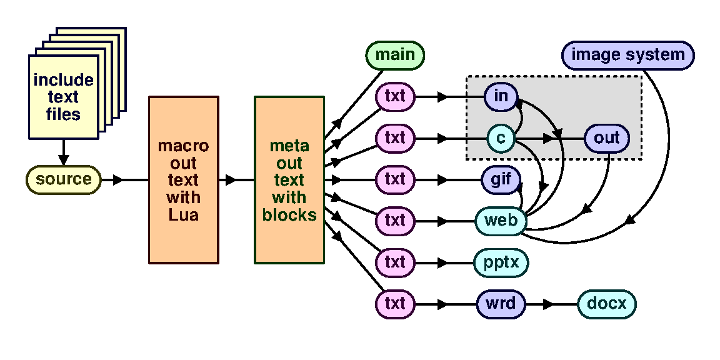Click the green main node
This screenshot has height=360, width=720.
395,55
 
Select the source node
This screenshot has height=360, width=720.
63,179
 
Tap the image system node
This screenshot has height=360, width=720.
627,55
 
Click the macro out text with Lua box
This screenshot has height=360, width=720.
183,180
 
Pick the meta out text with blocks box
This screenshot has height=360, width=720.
289,180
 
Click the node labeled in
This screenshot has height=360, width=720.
501,96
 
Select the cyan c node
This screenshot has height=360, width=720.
501,137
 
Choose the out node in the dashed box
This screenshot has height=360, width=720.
606,137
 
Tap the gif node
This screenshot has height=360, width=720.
501,180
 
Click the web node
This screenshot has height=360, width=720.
501,221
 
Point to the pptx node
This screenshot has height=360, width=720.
501,262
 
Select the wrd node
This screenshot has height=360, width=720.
501,304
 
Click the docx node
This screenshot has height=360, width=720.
606,304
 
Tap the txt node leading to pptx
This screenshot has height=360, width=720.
395,262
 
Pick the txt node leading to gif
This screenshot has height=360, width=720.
395,180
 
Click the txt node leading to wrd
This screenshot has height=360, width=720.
395,304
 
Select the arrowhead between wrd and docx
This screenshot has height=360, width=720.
548,304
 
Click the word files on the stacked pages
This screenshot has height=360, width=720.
63,114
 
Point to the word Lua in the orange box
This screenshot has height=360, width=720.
183,214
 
